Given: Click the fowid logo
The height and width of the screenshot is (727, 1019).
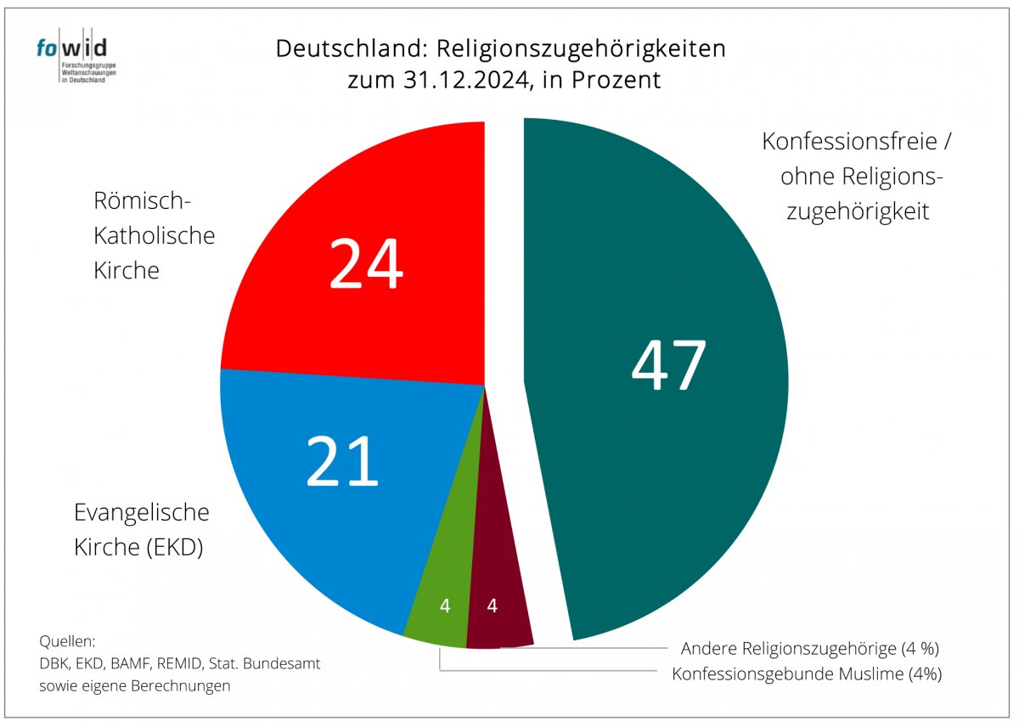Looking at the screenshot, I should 76,59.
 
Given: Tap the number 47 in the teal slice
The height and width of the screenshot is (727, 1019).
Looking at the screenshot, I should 668,366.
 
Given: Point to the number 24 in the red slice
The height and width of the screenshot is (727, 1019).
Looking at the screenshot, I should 366,265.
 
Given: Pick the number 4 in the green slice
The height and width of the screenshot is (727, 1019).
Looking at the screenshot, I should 445,606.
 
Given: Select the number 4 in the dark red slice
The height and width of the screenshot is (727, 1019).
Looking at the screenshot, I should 492,606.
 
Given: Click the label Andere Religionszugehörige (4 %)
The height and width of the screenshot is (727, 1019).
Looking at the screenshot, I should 809,649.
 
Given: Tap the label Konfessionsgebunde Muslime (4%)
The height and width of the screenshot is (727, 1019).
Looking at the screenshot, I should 807,674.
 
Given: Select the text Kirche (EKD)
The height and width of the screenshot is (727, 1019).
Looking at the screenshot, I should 138,548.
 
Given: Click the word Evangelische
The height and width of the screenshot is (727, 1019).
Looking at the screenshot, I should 142,513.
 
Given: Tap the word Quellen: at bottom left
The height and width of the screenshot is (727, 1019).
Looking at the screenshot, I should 68,641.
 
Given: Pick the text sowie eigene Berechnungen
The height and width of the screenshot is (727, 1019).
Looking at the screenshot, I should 135,685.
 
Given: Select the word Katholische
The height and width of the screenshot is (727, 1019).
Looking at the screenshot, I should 153,235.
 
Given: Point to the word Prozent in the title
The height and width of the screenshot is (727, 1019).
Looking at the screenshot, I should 620,81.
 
